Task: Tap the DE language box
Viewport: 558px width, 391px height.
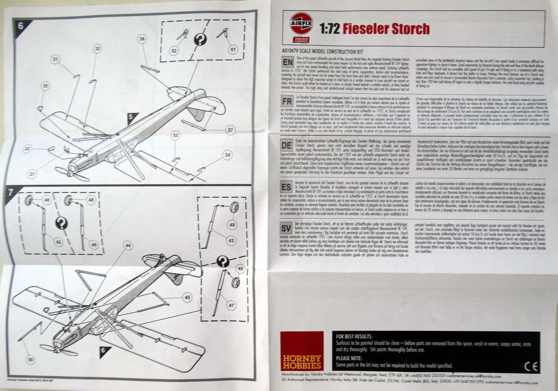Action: [286, 144]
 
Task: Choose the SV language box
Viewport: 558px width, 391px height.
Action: [286, 228]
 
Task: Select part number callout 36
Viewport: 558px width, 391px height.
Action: [142, 39]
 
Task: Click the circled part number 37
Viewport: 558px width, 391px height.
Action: [230, 130]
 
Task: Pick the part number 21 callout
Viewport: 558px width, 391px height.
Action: [32, 174]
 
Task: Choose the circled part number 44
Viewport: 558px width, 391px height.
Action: [128, 245]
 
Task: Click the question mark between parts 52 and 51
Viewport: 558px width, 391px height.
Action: [200, 40]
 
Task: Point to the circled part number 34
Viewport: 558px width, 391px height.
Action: [226, 155]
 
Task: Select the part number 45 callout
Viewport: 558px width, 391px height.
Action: [187, 297]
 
